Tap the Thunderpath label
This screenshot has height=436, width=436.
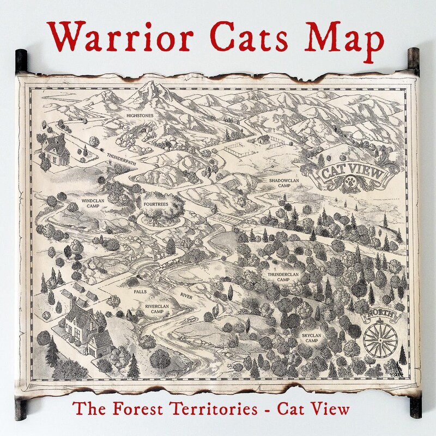122,156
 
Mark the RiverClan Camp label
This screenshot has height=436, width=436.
156,309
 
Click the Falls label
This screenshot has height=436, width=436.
140,292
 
